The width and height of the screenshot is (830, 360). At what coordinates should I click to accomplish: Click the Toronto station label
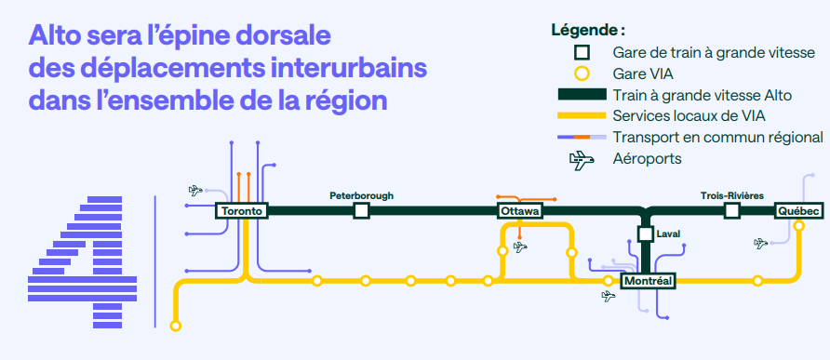tap(241, 211)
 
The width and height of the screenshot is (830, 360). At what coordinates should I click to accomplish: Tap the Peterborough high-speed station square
tap(362, 211)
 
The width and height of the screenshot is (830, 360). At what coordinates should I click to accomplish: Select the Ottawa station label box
tap(520, 211)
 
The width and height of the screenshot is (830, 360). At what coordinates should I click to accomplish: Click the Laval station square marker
tap(645, 233)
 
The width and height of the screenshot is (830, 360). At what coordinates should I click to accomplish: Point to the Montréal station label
tap(648, 281)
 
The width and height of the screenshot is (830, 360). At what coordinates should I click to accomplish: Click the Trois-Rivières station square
tap(732, 211)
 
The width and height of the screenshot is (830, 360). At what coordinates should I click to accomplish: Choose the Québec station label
tap(798, 211)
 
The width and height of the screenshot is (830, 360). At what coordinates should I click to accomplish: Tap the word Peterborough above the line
tap(362, 195)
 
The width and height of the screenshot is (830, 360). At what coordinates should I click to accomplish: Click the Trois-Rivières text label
tap(732, 195)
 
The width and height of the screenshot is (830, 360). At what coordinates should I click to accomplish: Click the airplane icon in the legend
tap(582, 159)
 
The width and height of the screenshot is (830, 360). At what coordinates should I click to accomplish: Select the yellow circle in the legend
tap(582, 73)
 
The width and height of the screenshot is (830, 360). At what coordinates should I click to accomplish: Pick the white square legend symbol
tap(582, 52)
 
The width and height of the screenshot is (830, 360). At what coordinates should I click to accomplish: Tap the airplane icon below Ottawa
tap(521, 247)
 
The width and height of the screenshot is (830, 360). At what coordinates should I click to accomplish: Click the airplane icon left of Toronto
tap(195, 190)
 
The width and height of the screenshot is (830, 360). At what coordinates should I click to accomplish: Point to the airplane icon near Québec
tap(760, 243)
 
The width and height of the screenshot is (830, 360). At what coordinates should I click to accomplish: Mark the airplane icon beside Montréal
tap(609, 296)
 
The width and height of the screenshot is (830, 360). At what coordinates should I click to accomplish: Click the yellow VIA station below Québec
tap(798, 226)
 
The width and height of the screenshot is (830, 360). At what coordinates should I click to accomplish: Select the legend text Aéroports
tap(647, 158)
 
